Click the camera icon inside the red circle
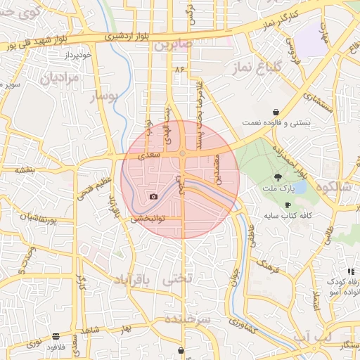[x=153, y=196]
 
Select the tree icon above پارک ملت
[x=278, y=177]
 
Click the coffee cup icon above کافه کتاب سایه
[x=288, y=205]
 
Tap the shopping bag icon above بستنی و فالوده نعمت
[x=276, y=112]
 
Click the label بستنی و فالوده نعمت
[x=276, y=122]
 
